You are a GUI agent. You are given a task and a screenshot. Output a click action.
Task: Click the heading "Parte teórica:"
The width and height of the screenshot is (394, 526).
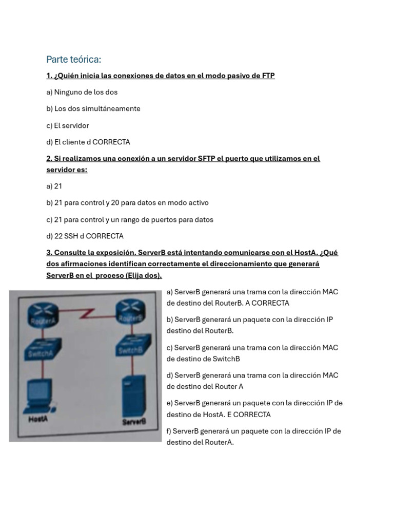point(73,60)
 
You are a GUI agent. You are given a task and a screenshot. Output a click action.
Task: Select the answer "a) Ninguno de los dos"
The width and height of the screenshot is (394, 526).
point(82,92)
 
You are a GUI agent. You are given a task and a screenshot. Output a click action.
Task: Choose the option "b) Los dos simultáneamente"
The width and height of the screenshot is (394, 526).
point(93,109)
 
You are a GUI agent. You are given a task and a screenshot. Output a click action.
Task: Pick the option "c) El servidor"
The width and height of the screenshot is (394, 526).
point(68,125)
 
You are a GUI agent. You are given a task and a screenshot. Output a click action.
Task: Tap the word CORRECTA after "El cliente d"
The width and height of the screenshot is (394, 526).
point(111,142)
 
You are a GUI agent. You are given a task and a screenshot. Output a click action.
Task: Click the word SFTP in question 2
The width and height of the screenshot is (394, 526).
point(206,159)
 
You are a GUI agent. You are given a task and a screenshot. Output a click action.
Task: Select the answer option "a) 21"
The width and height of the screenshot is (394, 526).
point(54,186)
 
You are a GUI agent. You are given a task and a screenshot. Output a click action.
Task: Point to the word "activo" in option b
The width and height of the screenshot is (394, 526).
point(198,203)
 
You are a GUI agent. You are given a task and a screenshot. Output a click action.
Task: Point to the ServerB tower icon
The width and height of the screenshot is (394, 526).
point(132,396)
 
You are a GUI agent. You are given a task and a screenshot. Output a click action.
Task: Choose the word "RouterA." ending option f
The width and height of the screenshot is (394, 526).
point(219,442)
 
